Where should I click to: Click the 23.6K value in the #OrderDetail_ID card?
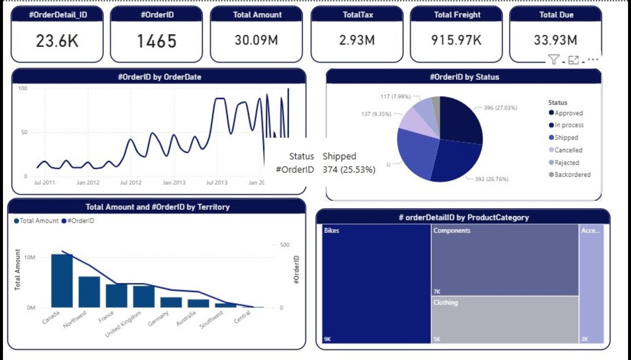57,41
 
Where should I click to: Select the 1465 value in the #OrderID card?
157,41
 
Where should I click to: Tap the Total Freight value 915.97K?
456,40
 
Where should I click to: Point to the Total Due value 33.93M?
555,40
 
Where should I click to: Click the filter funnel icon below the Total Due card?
553,59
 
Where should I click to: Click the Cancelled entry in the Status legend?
568,150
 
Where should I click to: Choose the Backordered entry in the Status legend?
572,174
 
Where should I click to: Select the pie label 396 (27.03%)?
500,108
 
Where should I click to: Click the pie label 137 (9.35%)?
376,114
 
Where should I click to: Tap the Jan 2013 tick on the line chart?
174,183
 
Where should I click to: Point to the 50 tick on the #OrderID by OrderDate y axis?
24,132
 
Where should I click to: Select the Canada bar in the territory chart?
62,281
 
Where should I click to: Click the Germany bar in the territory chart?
171,302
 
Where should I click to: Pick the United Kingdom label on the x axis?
123,324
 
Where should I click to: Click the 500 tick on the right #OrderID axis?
284,245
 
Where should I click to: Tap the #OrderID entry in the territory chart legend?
81,221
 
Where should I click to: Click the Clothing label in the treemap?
445,302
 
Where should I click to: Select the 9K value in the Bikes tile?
327,339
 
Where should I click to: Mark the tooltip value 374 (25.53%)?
349,170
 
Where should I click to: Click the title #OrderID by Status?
464,77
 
